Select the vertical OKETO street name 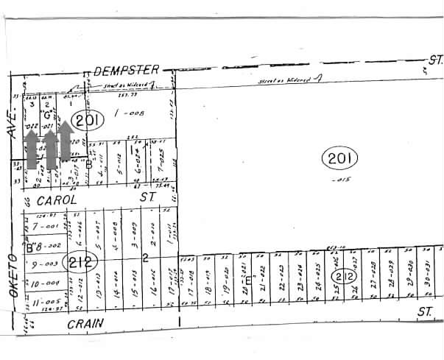pyautogui.click(x=13, y=273)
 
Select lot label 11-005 pyautogui.click(x=45, y=302)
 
